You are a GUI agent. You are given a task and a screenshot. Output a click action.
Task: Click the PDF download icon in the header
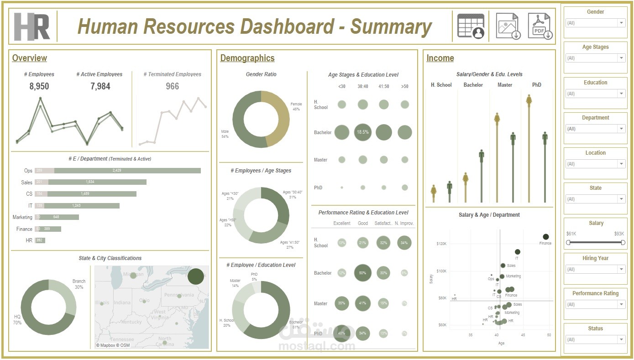point(540,26)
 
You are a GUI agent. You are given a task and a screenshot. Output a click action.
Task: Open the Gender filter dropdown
point(595,23)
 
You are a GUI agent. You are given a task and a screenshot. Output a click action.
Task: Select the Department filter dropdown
point(595,129)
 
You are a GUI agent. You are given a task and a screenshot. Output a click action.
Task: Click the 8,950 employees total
point(39,86)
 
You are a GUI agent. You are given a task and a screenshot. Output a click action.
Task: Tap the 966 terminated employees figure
point(172,86)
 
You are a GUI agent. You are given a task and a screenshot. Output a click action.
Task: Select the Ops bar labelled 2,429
point(127,171)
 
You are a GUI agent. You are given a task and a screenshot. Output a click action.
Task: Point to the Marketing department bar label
point(22,217)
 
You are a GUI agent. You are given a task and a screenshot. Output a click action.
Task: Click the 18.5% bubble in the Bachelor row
point(363,132)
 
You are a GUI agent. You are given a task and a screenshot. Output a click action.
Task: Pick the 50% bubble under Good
point(363,273)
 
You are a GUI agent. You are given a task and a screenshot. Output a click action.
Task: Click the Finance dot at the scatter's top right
point(546,237)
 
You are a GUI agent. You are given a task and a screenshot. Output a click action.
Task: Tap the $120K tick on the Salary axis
point(441,244)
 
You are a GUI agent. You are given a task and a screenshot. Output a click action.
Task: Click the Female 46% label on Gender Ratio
point(296,106)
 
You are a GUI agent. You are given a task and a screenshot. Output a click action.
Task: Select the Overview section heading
point(30,58)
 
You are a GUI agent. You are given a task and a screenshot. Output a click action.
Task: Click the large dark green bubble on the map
point(195,277)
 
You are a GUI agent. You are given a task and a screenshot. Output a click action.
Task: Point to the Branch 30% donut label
point(79,284)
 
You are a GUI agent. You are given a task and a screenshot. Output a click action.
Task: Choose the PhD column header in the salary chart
point(537,85)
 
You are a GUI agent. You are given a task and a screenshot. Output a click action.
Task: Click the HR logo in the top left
point(31,26)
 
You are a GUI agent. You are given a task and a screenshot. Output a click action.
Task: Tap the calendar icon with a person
point(471,26)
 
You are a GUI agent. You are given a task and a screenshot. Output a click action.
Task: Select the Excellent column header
point(342,223)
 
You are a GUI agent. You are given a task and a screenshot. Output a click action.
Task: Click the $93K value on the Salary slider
point(619,234)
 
